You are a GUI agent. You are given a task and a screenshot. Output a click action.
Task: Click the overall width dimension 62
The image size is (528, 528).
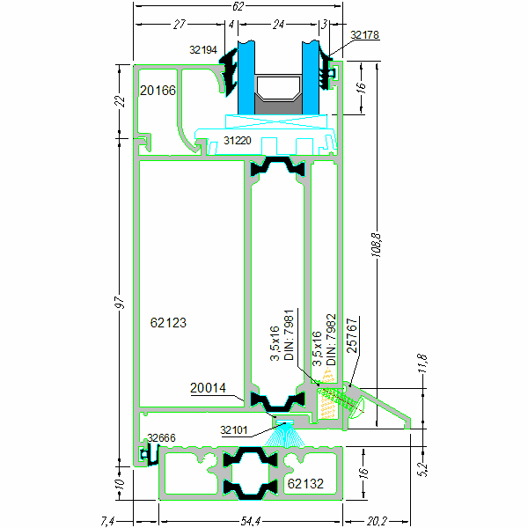coord(238,6)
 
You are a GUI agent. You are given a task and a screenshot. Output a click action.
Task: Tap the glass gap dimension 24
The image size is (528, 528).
coord(279,25)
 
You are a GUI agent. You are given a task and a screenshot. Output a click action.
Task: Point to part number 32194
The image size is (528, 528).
coord(203,50)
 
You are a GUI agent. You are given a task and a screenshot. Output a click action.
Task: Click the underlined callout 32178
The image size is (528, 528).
coord(364,35)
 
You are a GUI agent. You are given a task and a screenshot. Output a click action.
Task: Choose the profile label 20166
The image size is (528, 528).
coord(158,90)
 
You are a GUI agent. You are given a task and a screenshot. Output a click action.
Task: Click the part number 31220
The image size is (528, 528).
coord(238,140)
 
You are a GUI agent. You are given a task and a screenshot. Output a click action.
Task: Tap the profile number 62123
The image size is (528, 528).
coord(169,323)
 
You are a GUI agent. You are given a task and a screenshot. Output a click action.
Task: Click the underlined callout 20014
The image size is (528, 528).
coord(208,386)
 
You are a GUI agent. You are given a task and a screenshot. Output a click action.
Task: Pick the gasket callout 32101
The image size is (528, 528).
coord(234,430)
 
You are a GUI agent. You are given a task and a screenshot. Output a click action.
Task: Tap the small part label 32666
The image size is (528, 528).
coord(161,437)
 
